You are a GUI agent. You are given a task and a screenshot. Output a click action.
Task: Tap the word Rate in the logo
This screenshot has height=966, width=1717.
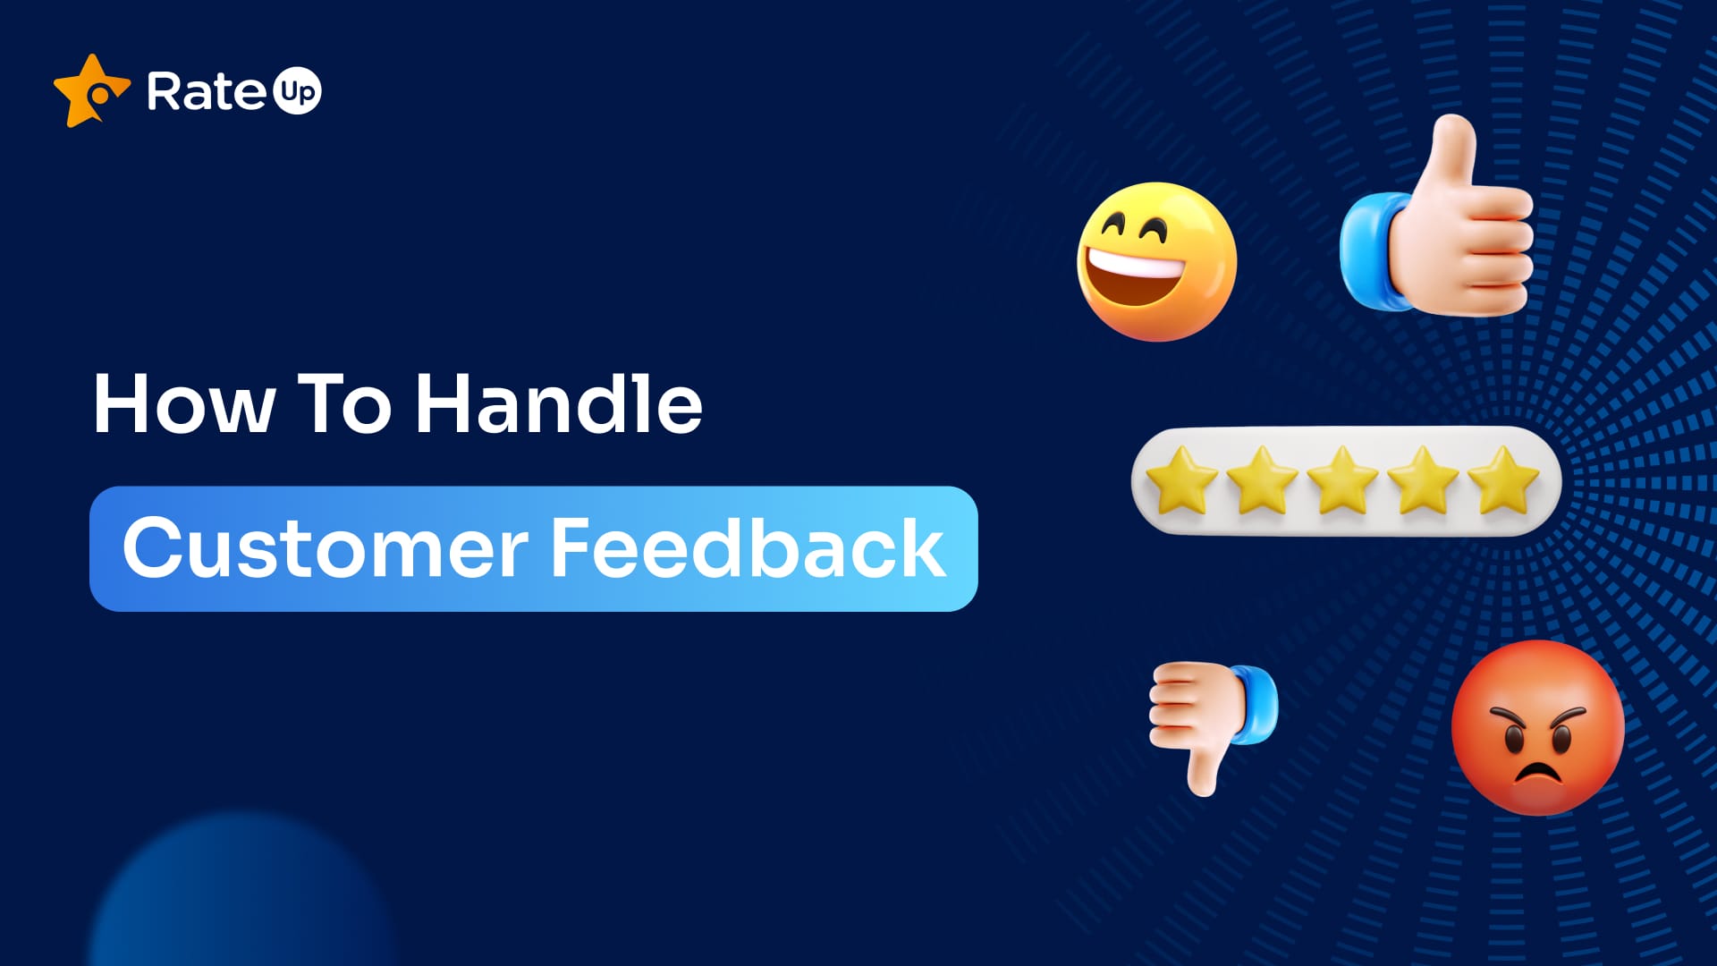[x=206, y=91]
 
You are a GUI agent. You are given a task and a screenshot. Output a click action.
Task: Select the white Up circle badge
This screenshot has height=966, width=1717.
[x=296, y=91]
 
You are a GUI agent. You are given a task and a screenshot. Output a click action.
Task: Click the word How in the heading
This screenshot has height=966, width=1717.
[x=183, y=405]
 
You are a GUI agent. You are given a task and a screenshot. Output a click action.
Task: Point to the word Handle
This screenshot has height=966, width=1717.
[x=559, y=404]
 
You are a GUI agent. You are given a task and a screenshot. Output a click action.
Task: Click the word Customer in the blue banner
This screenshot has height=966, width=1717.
[x=326, y=548]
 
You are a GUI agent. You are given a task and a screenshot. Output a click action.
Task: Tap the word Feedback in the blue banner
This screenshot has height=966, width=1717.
[x=748, y=548]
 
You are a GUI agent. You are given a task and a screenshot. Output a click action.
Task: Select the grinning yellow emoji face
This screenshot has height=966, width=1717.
[x=1156, y=261]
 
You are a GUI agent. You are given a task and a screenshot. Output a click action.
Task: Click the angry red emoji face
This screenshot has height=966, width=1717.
[x=1537, y=727]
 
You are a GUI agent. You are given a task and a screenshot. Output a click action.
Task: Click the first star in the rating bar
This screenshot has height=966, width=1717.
[x=1181, y=480]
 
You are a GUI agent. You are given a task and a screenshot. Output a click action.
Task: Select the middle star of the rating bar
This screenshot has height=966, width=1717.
[x=1342, y=480]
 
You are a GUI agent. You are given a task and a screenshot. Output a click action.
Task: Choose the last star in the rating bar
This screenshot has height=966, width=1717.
[x=1503, y=480]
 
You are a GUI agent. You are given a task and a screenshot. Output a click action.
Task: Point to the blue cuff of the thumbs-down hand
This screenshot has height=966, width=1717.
[x=1256, y=705]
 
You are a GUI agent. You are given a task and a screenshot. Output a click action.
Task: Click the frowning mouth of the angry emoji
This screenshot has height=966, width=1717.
[x=1536, y=771]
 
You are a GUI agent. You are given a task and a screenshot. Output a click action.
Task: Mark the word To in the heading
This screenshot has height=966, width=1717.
[x=344, y=405]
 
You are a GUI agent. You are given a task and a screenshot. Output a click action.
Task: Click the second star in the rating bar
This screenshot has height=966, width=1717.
[x=1262, y=480]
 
